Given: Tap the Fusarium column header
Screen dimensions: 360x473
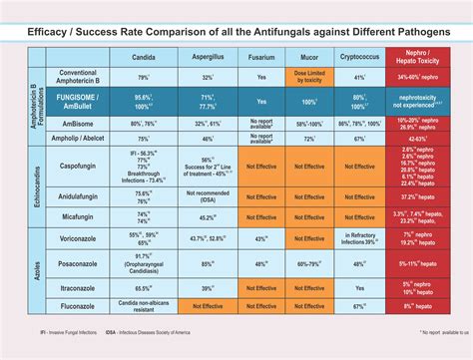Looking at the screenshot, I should point(261,58).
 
